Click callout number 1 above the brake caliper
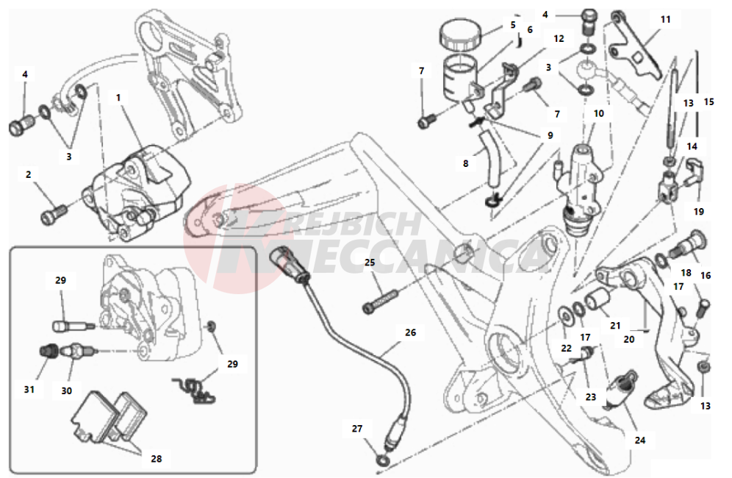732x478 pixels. click(x=118, y=96)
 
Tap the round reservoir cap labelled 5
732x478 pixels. click(x=460, y=34)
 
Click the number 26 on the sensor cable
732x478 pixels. click(x=410, y=332)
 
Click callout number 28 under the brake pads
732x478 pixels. click(x=156, y=458)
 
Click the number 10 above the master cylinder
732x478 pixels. click(x=599, y=114)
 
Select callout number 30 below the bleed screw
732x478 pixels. click(x=67, y=390)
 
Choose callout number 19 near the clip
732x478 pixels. click(x=698, y=211)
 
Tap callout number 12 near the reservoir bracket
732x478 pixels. click(x=559, y=38)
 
